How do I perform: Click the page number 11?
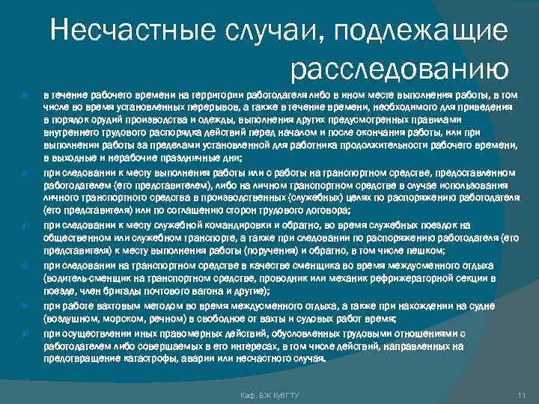click(x=522, y=394)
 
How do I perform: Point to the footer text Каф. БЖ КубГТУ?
click(x=267, y=394)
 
